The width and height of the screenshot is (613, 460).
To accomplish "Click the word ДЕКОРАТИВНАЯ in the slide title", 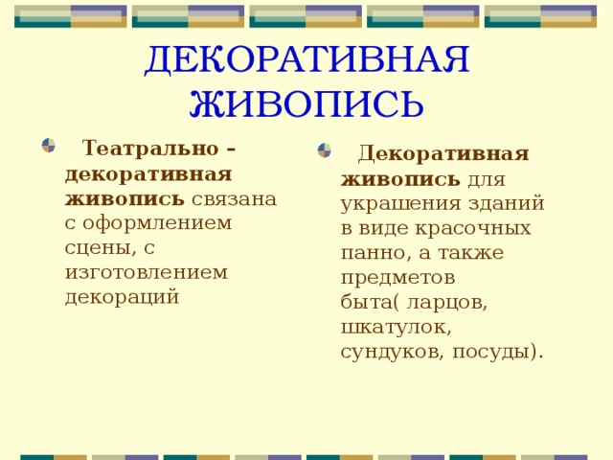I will tap(306, 60).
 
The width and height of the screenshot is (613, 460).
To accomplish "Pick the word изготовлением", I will tap(147, 271).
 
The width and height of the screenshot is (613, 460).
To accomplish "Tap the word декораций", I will tap(122, 296).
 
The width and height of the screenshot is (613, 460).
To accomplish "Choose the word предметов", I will tap(397, 277).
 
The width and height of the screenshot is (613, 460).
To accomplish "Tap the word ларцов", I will tap(447, 302).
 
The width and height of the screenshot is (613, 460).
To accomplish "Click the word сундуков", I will tap(387, 351).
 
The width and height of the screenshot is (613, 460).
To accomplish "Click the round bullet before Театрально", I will tap(48, 145).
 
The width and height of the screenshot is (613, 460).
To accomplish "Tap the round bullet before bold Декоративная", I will tap(325, 150).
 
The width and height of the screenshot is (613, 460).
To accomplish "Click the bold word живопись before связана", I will tap(125, 198).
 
